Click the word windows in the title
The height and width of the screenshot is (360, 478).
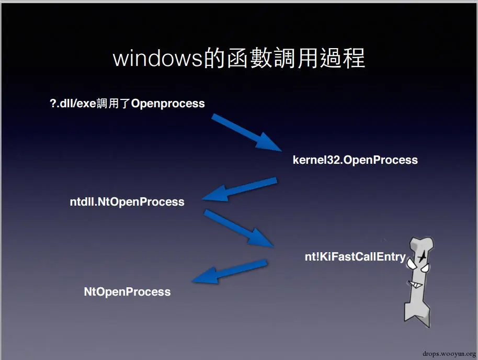pyautogui.click(x=157, y=59)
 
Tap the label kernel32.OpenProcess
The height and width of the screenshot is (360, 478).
pyautogui.click(x=355, y=160)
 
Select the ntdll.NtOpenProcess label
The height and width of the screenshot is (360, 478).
pyautogui.click(x=127, y=201)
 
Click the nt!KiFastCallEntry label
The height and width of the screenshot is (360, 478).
pyautogui.click(x=355, y=256)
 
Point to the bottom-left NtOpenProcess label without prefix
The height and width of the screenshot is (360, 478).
pyautogui.click(x=127, y=291)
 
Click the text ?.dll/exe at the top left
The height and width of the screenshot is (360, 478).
pyautogui.click(x=73, y=103)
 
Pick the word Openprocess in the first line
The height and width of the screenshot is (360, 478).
pyautogui.click(x=168, y=103)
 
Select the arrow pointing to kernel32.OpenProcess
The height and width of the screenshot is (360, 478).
pyautogui.click(x=246, y=133)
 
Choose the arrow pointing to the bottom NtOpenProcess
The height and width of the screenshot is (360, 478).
pyautogui.click(x=230, y=272)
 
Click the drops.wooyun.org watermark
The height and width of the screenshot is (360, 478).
pyautogui.click(x=447, y=353)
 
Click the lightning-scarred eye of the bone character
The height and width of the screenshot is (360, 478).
pyautogui.click(x=421, y=256)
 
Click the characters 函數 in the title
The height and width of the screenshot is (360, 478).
pyautogui.click(x=244, y=59)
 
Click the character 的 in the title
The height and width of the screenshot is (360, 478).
pyautogui.click(x=214, y=59)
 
